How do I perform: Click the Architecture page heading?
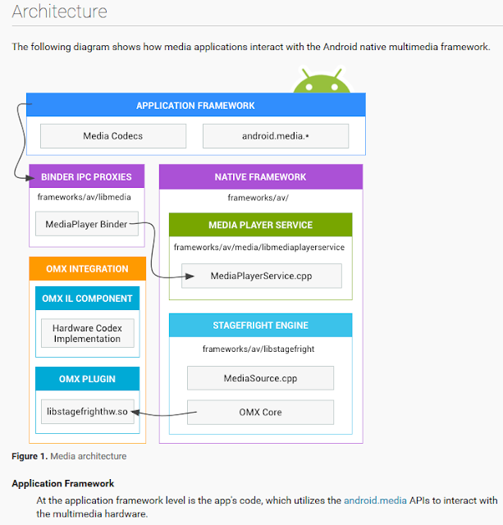(59, 12)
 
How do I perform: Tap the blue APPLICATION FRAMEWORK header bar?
(195, 106)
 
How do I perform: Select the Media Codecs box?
(113, 136)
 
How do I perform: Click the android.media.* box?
(275, 136)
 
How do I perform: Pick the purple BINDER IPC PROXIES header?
(86, 176)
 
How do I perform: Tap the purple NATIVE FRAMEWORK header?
(260, 176)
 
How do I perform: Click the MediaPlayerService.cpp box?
(260, 276)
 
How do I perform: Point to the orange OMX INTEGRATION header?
(86, 269)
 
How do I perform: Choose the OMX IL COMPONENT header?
(87, 298)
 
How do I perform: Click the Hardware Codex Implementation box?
(87, 334)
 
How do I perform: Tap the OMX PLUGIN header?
(87, 379)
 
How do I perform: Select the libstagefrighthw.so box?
(87, 412)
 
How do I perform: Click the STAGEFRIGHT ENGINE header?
(260, 325)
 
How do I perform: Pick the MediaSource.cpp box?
(260, 378)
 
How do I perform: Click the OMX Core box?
(260, 412)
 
